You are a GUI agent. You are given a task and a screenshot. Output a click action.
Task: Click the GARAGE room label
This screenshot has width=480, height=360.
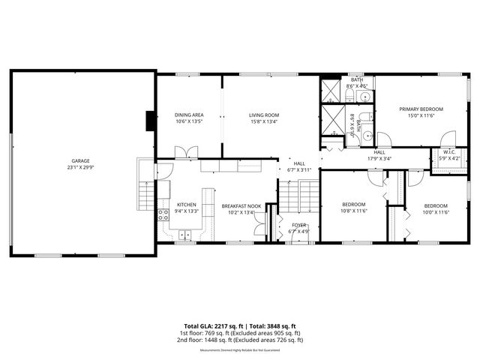pos(80,161)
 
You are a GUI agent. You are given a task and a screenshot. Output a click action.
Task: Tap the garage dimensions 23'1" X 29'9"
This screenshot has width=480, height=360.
pos(80,168)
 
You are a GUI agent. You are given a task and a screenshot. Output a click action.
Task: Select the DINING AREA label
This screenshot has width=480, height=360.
pos(189,115)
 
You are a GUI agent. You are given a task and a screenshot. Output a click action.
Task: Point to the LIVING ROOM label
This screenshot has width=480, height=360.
pos(263,115)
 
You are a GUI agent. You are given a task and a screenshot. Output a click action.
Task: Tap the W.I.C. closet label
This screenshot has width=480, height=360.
pos(439,151)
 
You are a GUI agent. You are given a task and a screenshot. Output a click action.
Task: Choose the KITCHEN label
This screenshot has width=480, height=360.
pos(186,205)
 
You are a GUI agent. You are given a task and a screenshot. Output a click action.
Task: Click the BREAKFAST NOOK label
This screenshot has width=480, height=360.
pos(241,205)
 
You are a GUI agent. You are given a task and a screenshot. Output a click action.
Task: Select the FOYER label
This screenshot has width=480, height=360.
pos(298,224)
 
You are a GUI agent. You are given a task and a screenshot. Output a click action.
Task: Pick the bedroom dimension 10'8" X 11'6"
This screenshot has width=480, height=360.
pos(353,211)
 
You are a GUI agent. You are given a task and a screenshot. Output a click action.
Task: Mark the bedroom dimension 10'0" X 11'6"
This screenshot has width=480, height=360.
pos(435,212)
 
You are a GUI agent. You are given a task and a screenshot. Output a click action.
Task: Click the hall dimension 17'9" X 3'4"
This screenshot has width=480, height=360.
pos(379,158)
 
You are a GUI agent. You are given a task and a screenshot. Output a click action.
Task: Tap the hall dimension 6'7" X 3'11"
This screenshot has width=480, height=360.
pos(298,170)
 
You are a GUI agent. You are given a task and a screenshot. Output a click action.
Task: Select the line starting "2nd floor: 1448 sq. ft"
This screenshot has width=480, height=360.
pos(239,340)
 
